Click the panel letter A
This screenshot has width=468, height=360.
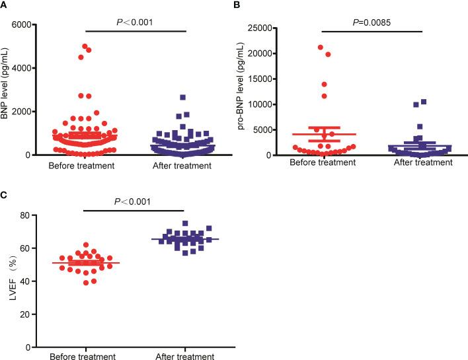[x=5, y=5]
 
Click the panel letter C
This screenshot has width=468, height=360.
[x=5, y=196]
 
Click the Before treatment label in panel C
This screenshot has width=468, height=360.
[x=85, y=357]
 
